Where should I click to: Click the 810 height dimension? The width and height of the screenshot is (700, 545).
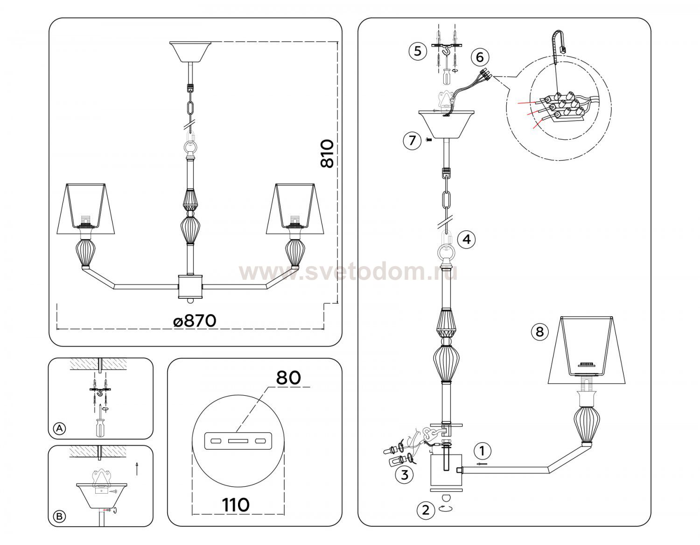tap(327, 153)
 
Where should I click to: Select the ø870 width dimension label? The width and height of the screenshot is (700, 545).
tap(195, 321)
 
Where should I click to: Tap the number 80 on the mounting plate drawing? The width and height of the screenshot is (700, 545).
tap(288, 378)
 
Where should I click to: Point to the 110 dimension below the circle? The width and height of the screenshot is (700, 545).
tap(236, 505)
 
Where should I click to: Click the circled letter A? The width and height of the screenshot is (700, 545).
tap(60, 428)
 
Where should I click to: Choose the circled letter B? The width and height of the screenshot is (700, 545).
tap(59, 517)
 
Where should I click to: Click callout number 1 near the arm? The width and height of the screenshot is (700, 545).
tap(482, 451)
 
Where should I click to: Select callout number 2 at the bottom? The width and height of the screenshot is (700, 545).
tap(426, 510)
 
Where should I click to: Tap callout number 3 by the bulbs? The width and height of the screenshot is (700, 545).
tap(405, 475)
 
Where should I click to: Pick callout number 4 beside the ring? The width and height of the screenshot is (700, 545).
tap(467, 240)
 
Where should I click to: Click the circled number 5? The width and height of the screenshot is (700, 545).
tap(418, 51)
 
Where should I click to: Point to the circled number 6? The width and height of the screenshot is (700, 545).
tap(480, 57)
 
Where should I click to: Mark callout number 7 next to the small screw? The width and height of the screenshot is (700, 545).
tap(413, 141)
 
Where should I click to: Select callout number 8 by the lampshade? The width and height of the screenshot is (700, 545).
tap(539, 332)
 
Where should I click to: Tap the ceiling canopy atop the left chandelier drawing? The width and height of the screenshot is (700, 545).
tap(190, 52)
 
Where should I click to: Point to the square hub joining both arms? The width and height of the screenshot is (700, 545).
tap(190, 287)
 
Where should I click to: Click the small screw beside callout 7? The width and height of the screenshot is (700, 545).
tap(429, 140)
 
